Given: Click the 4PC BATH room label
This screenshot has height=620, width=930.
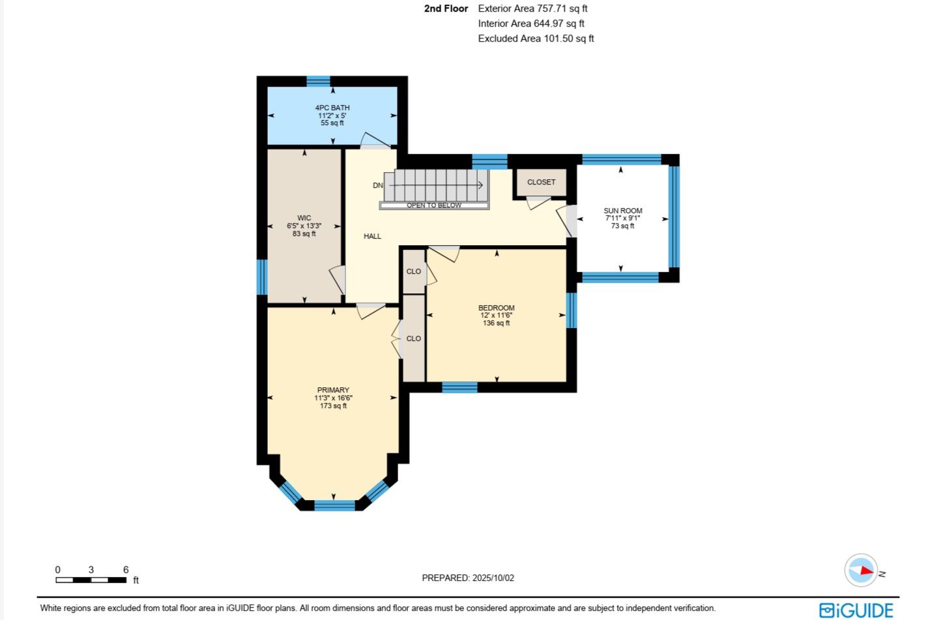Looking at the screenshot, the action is click(332, 108).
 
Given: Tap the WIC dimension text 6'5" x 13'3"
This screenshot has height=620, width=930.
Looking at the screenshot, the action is click(304, 226).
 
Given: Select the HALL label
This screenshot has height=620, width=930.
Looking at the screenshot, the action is click(372, 236).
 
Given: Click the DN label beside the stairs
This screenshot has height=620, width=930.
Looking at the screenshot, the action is click(378, 185).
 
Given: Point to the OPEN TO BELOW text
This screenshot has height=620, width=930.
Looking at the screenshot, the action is click(434, 205).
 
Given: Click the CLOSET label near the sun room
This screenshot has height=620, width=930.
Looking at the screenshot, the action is click(541, 182).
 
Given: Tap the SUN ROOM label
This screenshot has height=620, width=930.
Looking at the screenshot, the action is click(623, 211).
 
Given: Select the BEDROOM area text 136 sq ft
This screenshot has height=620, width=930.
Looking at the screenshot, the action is click(496, 323).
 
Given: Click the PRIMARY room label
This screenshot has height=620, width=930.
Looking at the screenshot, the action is click(333, 390).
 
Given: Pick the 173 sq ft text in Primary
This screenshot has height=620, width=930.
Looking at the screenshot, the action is click(333, 406).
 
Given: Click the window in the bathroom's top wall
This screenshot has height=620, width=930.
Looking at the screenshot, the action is click(319, 81).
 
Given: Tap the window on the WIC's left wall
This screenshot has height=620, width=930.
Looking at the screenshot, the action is click(262, 277).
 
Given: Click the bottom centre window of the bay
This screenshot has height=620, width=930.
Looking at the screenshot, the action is click(334, 505).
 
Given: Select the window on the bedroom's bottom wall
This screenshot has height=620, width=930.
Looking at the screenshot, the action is click(459, 387).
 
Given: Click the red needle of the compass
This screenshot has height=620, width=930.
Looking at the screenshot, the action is click(867, 570).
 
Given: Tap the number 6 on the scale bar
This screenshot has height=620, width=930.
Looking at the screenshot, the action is click(126, 570).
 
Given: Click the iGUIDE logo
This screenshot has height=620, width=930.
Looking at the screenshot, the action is click(856, 610).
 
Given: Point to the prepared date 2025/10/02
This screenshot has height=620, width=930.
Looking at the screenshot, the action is click(493, 578).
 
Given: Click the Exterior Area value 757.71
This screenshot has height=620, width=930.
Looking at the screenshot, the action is click(551, 8).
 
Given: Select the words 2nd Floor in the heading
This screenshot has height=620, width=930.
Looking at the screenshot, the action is click(446, 8).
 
